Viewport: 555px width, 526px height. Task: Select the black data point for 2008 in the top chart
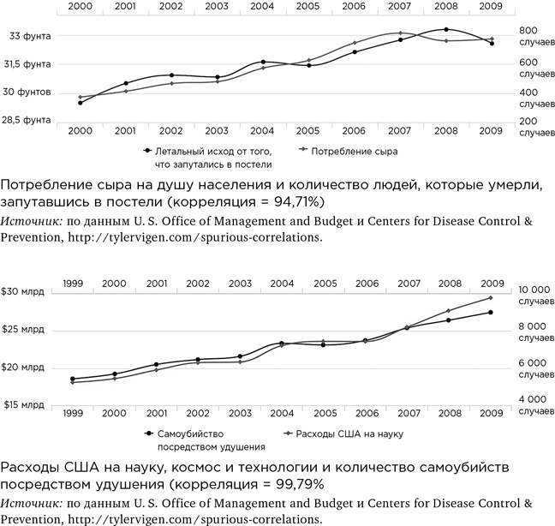click(446, 30)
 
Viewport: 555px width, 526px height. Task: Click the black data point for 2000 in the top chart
click(81, 103)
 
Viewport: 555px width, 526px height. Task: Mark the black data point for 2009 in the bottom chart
click(491, 312)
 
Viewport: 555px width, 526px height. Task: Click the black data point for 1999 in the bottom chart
click(73, 379)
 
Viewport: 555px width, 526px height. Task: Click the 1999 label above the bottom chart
click(73, 283)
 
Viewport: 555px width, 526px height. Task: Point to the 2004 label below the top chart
click(262, 131)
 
